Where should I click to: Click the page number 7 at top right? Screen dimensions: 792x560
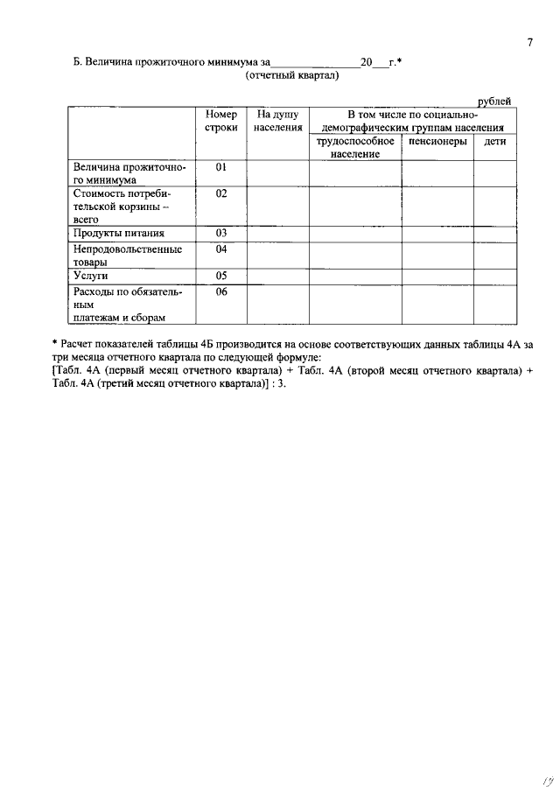[529, 44]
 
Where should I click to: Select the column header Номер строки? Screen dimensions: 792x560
[221, 122]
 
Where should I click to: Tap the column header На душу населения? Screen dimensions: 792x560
[277, 122]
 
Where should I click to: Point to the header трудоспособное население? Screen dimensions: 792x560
[354, 147]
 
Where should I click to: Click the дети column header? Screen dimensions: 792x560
[495, 141]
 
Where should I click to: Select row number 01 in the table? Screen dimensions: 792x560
[221, 166]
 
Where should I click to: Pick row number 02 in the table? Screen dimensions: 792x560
[221, 193]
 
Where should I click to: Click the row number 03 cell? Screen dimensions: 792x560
[221, 233]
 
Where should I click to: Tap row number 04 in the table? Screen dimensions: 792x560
[221, 249]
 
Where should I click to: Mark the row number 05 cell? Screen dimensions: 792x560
[221, 276]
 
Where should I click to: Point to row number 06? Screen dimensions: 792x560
[221, 291]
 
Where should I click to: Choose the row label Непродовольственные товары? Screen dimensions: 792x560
[128, 255]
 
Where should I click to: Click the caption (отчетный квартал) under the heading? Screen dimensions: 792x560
[292, 75]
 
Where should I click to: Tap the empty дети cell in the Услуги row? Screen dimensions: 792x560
[495, 277]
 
